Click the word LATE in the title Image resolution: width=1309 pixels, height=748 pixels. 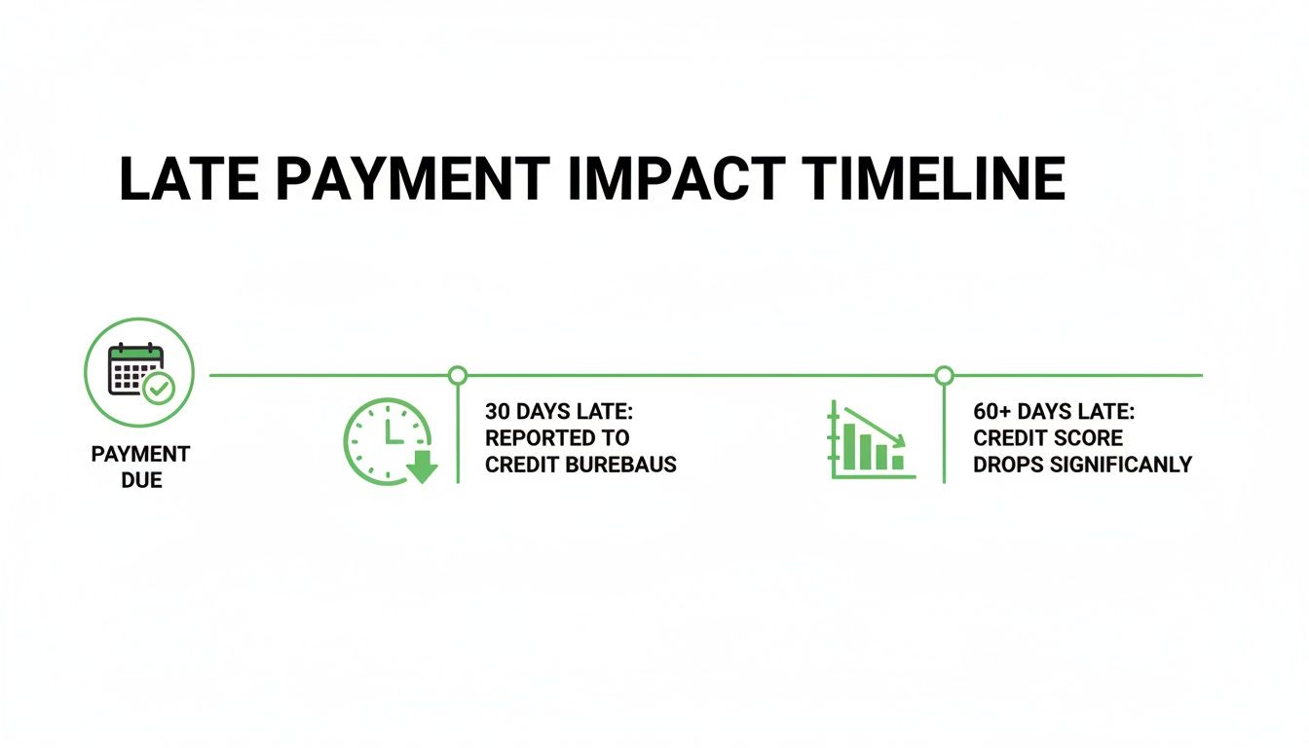(189, 179)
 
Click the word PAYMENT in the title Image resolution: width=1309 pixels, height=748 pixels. (413, 179)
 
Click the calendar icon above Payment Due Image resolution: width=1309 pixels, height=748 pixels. (135, 369)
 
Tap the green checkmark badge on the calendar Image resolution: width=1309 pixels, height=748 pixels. (159, 388)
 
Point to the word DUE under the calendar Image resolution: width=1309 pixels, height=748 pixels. (141, 480)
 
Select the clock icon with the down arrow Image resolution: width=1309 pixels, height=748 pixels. (391, 441)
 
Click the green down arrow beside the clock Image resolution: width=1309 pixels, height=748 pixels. (422, 467)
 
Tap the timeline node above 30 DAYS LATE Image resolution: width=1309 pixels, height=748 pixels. (458, 375)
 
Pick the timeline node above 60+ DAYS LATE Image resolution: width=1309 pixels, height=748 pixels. (945, 375)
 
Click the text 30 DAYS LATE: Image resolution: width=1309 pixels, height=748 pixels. (559, 411)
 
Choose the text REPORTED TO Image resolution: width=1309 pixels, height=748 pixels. (557, 437)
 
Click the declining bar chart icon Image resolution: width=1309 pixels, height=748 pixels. (872, 440)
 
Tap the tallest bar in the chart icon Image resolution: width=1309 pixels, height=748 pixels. (849, 447)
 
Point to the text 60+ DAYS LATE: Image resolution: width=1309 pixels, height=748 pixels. (1054, 411)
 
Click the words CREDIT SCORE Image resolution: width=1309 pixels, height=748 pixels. (1048, 437)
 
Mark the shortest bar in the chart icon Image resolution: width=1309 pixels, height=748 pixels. (898, 463)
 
